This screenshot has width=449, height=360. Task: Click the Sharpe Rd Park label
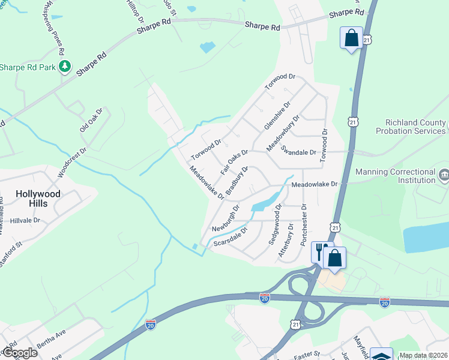28,67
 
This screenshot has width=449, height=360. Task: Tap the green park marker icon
64,67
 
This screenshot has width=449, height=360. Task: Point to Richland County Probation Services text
411,127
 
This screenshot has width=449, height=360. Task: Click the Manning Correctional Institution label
396,176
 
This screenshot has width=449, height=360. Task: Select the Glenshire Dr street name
273,116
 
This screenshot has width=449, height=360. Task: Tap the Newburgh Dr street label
226,219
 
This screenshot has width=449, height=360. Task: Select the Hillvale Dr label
25,221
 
